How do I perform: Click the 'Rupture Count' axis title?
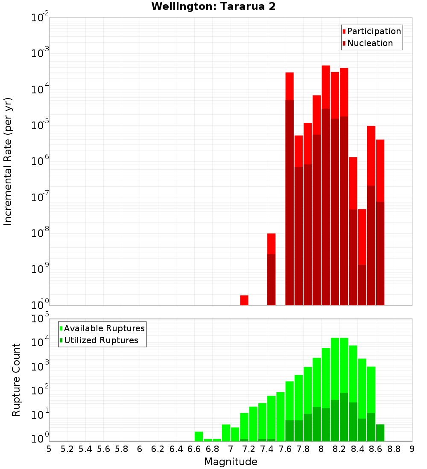click(x=16, y=380)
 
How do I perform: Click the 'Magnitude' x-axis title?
click(x=231, y=462)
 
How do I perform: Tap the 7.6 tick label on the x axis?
click(x=285, y=449)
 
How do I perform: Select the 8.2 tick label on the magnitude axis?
click(x=339, y=449)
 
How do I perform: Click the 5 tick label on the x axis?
click(x=49, y=449)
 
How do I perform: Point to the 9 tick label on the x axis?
click(x=412, y=449)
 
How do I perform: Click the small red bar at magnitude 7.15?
click(x=244, y=300)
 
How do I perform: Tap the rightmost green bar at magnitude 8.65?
click(x=380, y=433)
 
